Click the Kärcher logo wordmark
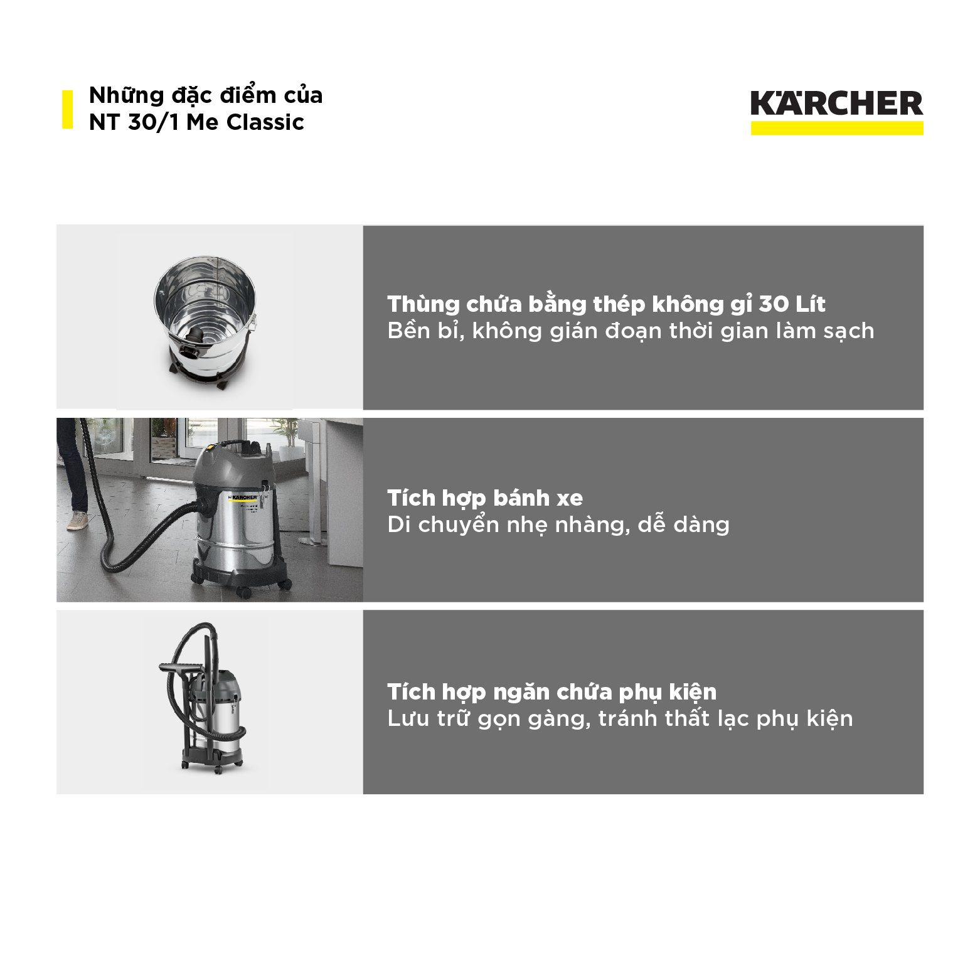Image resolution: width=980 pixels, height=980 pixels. pyautogui.click(x=836, y=104)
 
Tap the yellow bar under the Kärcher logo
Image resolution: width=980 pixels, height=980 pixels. pyautogui.click(x=837, y=128)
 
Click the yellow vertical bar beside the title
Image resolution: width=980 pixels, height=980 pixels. pyautogui.click(x=67, y=110)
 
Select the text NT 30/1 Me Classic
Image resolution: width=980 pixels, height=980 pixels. pyautogui.click(x=196, y=122)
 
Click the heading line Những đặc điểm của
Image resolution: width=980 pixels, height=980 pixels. pyautogui.click(x=206, y=95)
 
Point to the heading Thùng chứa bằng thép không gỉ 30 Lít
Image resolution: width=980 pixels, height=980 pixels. pyautogui.click(x=606, y=304)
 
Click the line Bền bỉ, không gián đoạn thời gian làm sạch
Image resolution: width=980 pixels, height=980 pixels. pyautogui.click(x=631, y=331)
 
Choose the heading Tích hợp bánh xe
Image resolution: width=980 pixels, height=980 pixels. pyautogui.click(x=485, y=498)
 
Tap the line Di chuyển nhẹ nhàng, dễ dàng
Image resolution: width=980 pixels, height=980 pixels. pyautogui.click(x=558, y=525)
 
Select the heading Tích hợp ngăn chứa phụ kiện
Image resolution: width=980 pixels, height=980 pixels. pyautogui.click(x=551, y=692)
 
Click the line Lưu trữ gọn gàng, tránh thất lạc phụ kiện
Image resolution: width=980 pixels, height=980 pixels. pyautogui.click(x=620, y=719)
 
